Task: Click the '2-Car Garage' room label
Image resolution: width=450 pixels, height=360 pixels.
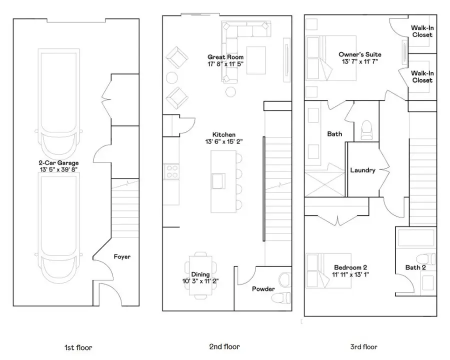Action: coord(58,162)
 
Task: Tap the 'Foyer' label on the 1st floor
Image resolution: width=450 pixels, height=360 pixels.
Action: coord(121,257)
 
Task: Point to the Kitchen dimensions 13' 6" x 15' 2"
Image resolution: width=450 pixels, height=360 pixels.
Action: coord(223,142)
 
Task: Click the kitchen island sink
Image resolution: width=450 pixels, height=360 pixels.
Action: coord(218,179)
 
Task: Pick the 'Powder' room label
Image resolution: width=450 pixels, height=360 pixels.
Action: coord(263,289)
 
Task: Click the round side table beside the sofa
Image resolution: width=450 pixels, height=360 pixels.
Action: coord(230,91)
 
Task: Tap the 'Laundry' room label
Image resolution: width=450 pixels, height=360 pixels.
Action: coord(362,170)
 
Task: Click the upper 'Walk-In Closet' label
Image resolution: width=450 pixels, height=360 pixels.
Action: coord(422,31)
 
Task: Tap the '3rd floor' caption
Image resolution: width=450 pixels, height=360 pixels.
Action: coord(363,346)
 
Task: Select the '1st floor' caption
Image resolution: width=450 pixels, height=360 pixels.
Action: coord(78,347)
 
